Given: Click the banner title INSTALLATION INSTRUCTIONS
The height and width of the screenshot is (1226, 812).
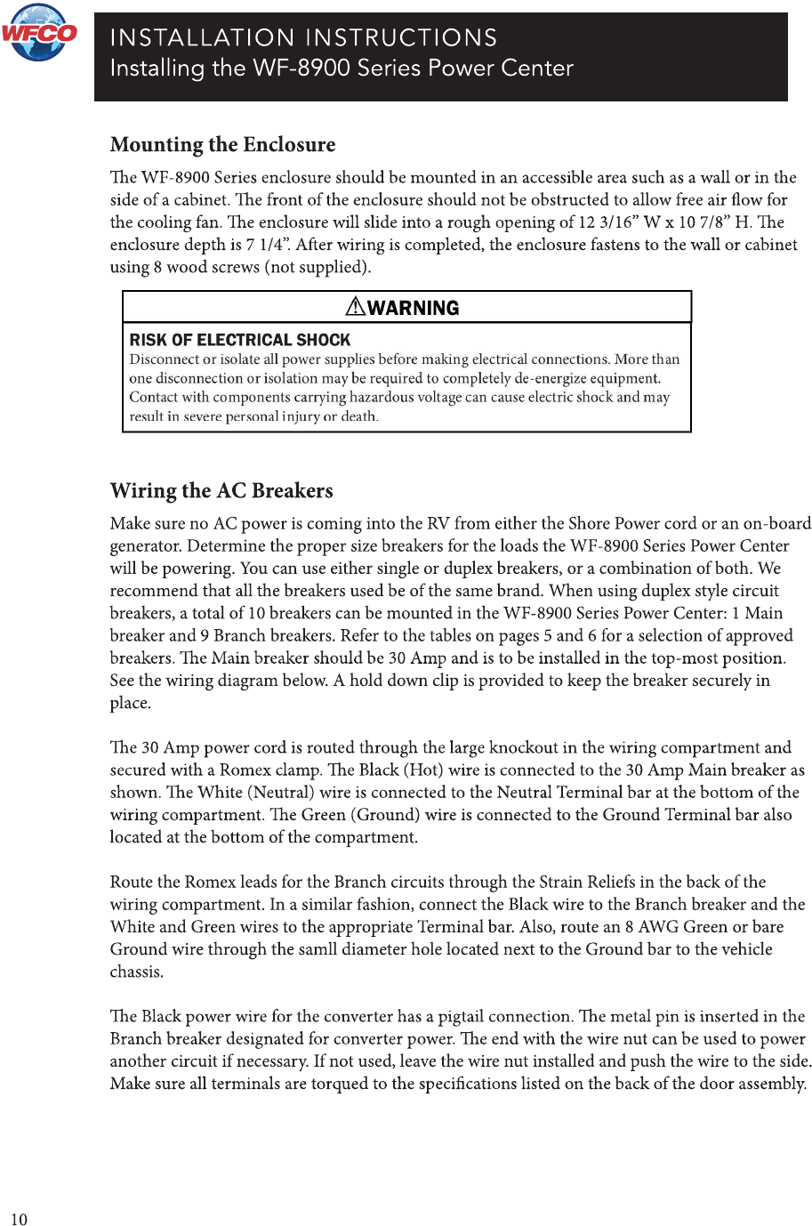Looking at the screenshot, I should (x=303, y=38).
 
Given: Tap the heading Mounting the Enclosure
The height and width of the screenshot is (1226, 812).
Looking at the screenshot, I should (x=222, y=145).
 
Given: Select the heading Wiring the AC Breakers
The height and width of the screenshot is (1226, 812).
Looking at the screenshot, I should (x=221, y=491).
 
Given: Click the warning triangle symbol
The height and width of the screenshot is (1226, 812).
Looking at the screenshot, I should (x=355, y=307).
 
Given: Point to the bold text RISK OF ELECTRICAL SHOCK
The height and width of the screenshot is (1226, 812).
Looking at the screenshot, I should (x=240, y=340).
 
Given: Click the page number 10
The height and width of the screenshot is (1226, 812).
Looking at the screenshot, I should (x=20, y=1219).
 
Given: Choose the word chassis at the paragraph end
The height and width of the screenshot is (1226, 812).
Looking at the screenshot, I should (x=136, y=972).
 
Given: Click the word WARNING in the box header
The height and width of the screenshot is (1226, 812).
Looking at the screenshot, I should (x=414, y=308).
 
